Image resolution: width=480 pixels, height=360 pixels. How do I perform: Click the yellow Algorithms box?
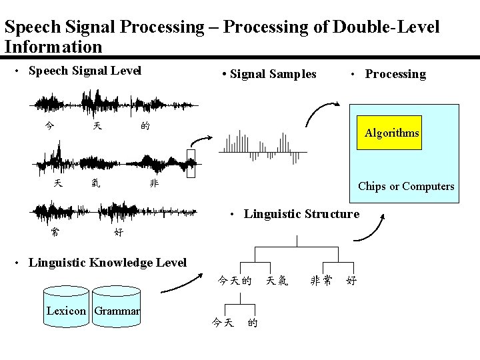pos(392,133)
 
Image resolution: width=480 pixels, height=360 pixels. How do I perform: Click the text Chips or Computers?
pos(406,186)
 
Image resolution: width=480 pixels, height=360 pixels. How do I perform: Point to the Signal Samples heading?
pos(273,74)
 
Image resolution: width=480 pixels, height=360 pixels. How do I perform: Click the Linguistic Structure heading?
pos(301,214)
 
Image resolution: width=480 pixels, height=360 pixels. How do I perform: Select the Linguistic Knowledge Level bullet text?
pos(107,262)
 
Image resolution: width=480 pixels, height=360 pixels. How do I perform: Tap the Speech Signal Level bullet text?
pos(85,71)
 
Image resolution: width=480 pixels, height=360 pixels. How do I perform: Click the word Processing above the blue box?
pos(395,74)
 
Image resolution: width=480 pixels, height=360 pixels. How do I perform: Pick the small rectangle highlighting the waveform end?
pos(192,165)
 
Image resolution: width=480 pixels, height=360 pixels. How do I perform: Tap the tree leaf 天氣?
pos(277,281)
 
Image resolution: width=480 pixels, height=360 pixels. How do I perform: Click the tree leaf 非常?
pos(322,281)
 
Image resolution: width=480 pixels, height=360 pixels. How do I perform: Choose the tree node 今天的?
pos(235,281)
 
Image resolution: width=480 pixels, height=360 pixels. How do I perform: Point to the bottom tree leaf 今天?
pos(222,323)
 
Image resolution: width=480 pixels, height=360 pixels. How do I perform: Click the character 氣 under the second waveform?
pos(96,183)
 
